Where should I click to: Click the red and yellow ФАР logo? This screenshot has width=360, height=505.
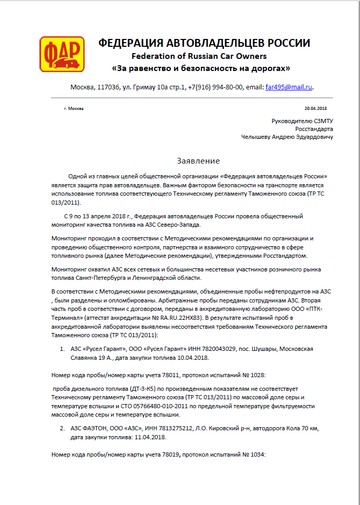pos(61,54)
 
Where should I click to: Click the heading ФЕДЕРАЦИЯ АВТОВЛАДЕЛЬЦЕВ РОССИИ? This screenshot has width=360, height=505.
pos(204,43)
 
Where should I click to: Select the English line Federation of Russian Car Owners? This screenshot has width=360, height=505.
pos(199,56)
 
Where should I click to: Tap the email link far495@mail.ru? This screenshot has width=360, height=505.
pos(289,87)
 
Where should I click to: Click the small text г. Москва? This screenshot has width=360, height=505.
pos(73,108)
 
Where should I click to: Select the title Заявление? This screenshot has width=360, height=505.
pos(198,160)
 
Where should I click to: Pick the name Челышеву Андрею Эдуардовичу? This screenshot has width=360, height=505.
pos(287,137)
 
